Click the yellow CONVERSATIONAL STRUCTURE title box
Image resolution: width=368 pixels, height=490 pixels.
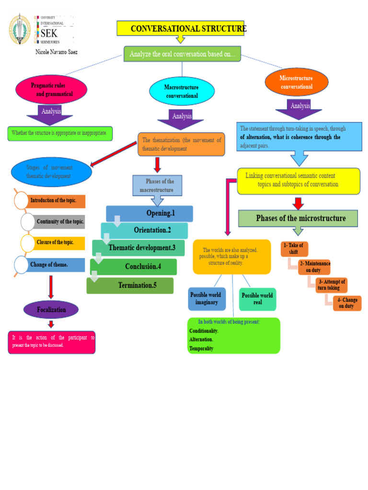181,29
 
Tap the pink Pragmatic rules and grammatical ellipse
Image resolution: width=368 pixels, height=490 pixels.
51,90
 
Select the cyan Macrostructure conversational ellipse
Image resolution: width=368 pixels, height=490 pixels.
181,91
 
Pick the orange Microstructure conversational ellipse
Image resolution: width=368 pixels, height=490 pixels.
297,82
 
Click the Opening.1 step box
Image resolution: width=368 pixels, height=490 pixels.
149,213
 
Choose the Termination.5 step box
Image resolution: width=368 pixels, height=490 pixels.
130,286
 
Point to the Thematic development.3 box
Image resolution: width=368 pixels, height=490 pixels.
139,248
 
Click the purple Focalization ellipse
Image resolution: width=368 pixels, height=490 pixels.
51,310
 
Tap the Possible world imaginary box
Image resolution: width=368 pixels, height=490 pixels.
207,299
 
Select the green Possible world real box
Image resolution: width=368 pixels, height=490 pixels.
257,299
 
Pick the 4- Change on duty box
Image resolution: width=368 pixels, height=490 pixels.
347,303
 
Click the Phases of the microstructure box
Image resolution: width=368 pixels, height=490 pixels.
298,218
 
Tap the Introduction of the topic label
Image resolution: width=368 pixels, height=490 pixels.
57,200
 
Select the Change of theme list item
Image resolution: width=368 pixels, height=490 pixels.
49,265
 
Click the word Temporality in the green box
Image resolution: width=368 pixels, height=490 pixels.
201,348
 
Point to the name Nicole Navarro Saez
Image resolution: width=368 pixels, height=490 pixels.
57,52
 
